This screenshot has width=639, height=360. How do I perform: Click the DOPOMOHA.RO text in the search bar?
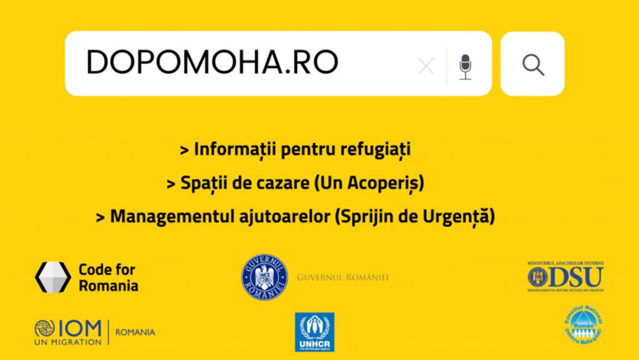point(212,62)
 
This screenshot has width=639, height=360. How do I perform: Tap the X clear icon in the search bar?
point(426,66)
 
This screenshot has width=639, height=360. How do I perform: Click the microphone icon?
point(465,66)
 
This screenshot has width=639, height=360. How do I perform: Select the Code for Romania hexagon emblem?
point(52,277)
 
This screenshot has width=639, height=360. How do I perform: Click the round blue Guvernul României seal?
point(265,277)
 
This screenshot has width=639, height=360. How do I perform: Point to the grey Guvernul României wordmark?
point(343,277)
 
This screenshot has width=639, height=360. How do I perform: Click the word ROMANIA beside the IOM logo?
point(135,333)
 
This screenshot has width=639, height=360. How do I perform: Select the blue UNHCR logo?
point(315,332)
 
